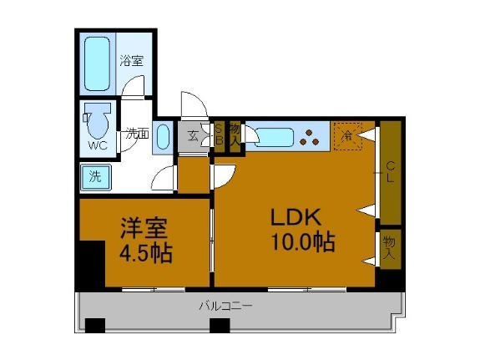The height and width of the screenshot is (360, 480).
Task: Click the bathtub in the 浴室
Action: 98,63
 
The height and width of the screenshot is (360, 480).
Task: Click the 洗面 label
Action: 136,133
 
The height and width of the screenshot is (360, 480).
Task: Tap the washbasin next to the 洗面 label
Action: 164,136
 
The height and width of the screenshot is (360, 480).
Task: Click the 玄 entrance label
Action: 193,135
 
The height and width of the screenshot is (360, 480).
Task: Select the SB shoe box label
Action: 220,135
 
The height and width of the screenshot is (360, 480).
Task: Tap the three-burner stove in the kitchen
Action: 313,135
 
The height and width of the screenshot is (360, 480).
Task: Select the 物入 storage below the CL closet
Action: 389,247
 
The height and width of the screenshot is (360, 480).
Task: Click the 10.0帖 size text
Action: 302,243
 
